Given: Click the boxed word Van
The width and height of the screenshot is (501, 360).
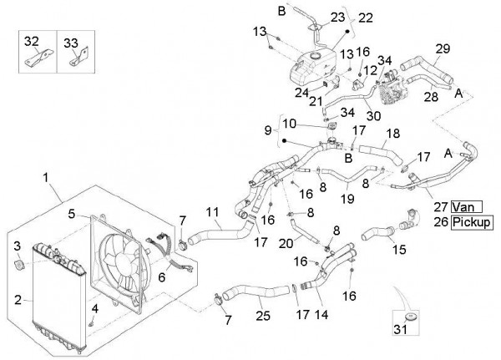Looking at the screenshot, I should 464,206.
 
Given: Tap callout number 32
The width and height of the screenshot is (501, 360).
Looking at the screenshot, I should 31,41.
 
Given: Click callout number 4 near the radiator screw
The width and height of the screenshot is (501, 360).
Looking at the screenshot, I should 95,309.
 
